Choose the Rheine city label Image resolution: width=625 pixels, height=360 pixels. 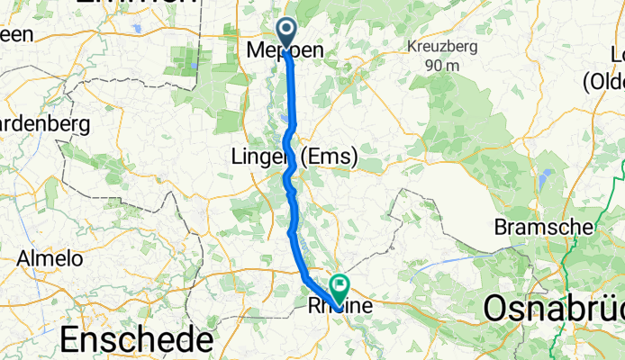pyautogui.click(x=340, y=306)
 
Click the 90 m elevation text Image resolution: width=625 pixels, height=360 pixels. pyautogui.click(x=444, y=65)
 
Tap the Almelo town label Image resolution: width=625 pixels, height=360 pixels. pyautogui.click(x=50, y=259)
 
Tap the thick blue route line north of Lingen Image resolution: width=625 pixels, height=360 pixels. pyautogui.click(x=291, y=99)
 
